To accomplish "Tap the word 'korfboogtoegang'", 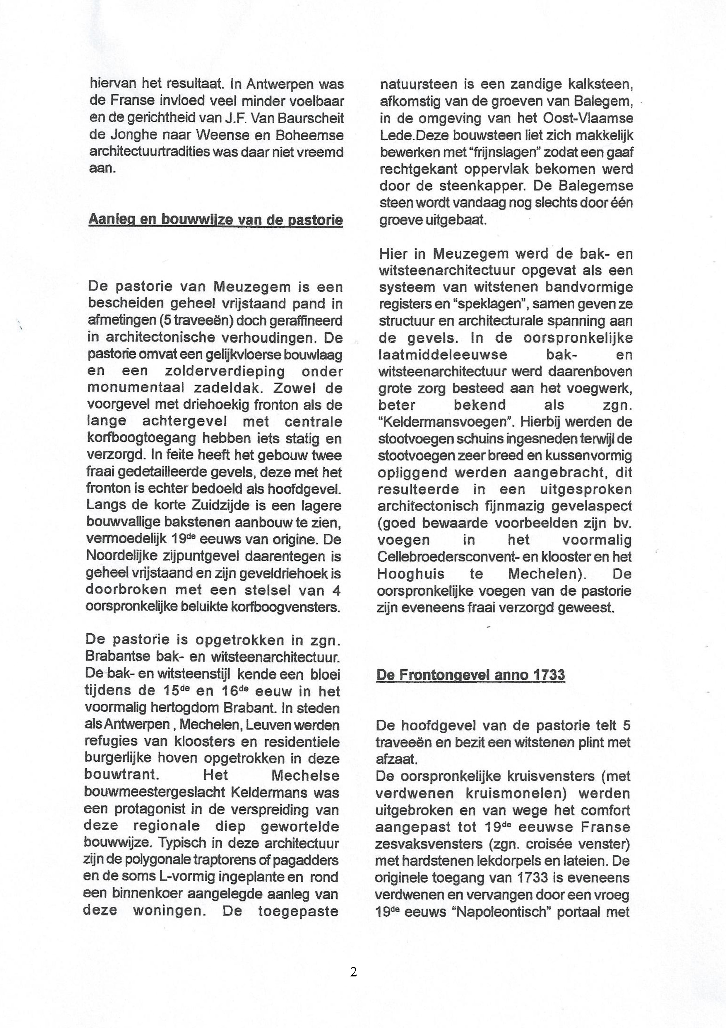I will click(141, 438).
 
